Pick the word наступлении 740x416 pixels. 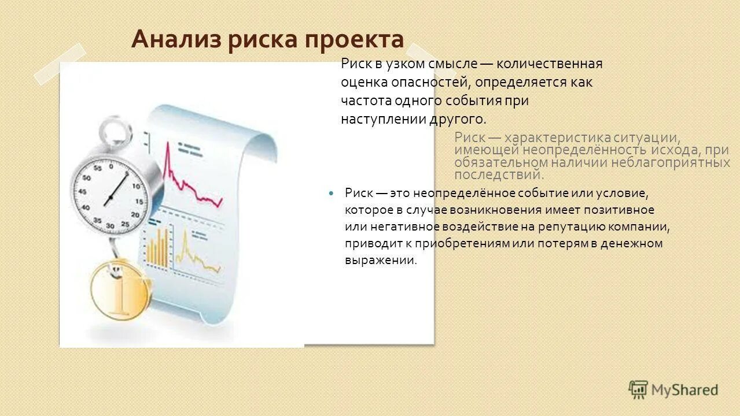click(x=382, y=119)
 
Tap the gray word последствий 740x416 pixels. click(x=499, y=174)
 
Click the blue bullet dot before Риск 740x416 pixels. click(x=331, y=192)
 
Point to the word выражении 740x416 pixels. click(x=380, y=260)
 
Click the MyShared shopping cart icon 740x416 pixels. click(x=638, y=389)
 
